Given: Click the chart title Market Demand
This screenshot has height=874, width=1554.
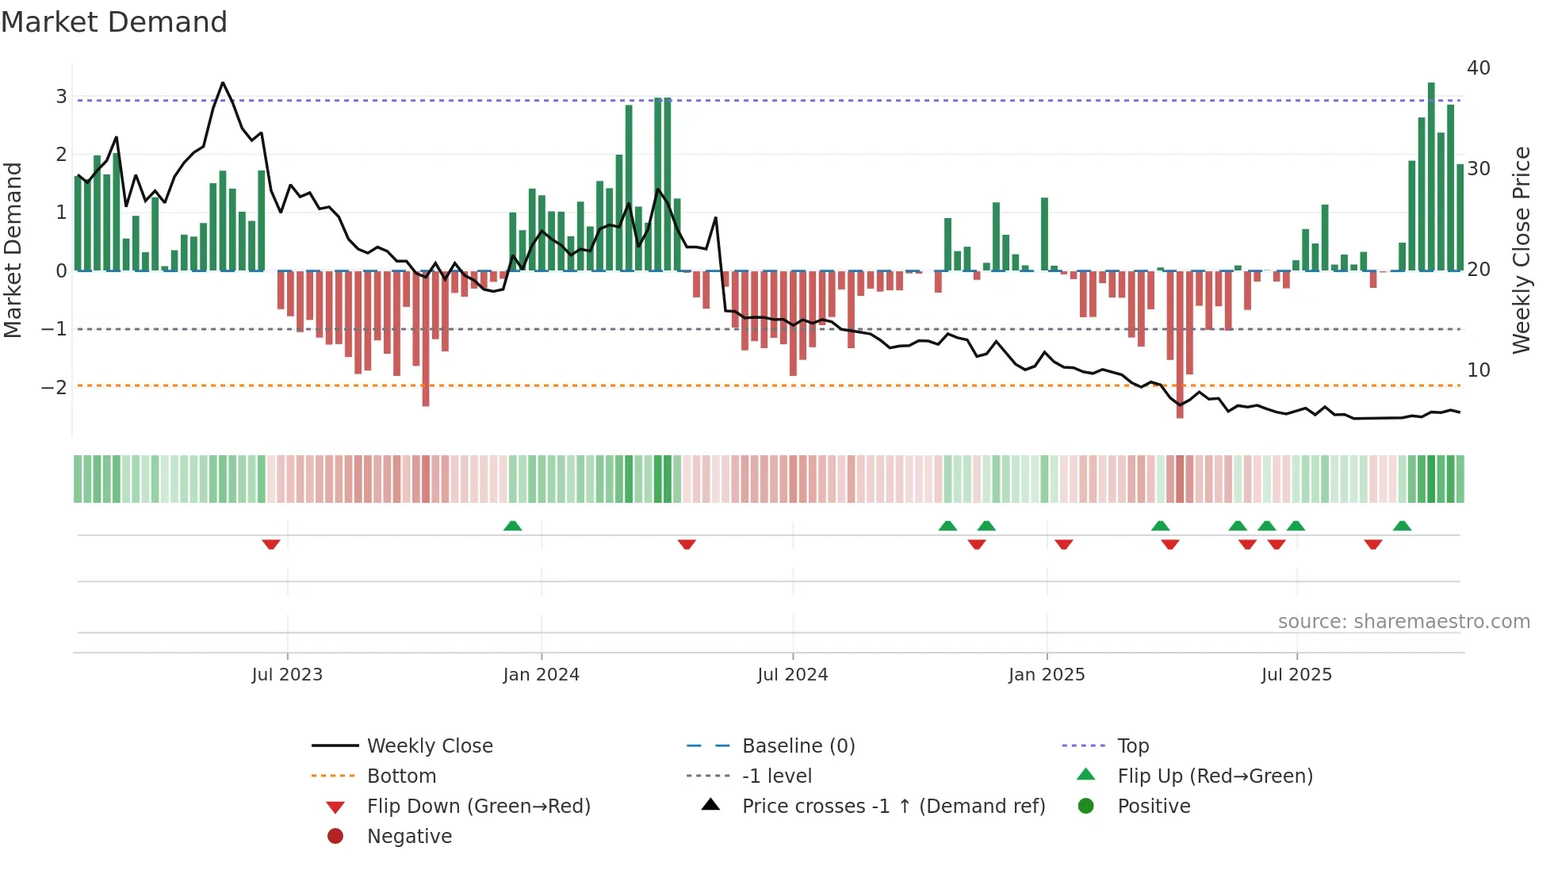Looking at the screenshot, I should tap(114, 22).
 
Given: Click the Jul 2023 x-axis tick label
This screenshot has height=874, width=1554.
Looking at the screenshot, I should tap(287, 675).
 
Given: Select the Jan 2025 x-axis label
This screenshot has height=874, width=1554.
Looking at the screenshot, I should tap(1046, 675).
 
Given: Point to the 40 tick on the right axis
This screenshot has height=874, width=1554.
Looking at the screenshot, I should tap(1478, 68).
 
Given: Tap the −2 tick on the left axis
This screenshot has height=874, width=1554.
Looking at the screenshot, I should tap(54, 388).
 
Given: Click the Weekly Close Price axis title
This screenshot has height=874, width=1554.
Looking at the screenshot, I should tap(1521, 250).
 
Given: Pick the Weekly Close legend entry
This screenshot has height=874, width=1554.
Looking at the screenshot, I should tap(429, 746).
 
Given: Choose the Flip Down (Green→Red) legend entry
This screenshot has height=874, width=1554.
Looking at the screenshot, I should tap(478, 807).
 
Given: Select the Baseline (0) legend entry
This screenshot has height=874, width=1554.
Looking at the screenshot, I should tap(798, 746).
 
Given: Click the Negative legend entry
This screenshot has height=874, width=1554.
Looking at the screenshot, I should tap(409, 837).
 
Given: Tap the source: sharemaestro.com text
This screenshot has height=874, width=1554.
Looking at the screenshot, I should tap(1403, 622).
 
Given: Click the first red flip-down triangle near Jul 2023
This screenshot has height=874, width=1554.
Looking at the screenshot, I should tap(271, 544).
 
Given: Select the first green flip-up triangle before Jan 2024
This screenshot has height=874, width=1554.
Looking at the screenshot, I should tap(513, 526).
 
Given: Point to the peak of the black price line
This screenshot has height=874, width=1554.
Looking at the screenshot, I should tap(223, 83).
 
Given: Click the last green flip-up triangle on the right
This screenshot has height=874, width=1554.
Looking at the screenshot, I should tap(1402, 526).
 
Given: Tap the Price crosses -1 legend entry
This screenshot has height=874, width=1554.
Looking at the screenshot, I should tap(893, 807).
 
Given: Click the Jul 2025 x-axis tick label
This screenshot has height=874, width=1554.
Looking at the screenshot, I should tap(1296, 675).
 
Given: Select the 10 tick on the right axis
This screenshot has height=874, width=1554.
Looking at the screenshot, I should tap(1478, 370).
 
